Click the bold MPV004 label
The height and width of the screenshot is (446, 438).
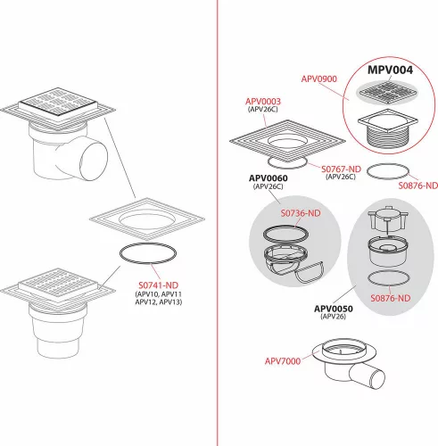pyautogui.click(x=390, y=70)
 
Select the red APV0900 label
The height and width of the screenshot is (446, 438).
pyautogui.click(x=319, y=78)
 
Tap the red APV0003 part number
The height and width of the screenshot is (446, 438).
pyautogui.click(x=263, y=102)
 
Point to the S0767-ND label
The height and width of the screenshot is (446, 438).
pyautogui.click(x=341, y=169)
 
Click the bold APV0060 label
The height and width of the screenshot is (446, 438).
pyautogui.click(x=269, y=178)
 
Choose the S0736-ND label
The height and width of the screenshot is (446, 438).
pyautogui.click(x=301, y=213)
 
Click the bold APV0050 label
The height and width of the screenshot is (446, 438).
pyautogui.click(x=334, y=309)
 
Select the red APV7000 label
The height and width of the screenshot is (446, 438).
pyautogui.click(x=283, y=361)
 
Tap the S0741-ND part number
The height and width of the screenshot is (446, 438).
pyautogui.click(x=158, y=285)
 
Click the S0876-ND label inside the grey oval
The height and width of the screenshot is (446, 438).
pyautogui.click(x=390, y=298)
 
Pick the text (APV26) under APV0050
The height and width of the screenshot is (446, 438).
pyautogui.click(x=334, y=317)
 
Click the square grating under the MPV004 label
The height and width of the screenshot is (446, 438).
pyautogui.click(x=387, y=92)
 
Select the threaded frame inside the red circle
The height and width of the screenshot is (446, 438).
pyautogui.click(x=387, y=128)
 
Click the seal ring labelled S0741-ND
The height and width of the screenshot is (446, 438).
pyautogui.click(x=148, y=244)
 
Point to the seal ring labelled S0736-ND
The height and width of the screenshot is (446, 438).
pyautogui.click(x=285, y=227)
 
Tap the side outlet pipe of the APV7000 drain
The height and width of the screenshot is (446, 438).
pyautogui.click(x=368, y=376)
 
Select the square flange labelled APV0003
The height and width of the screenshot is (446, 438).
pyautogui.click(x=287, y=141)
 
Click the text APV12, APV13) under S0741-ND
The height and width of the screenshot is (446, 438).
pyautogui.click(x=159, y=301)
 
